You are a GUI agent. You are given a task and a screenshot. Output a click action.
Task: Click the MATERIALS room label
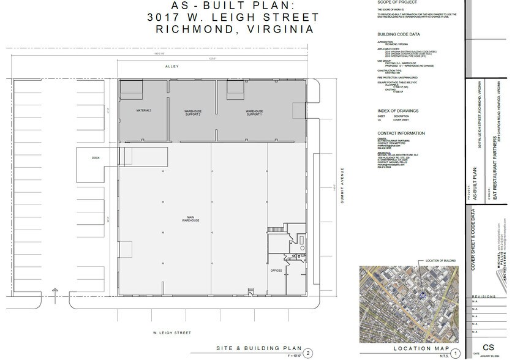point(143,111)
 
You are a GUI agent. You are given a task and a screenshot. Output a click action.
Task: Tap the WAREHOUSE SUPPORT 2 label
point(193,113)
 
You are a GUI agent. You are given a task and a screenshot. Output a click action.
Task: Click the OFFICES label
point(276,270)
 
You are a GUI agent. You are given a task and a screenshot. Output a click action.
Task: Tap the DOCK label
point(96,158)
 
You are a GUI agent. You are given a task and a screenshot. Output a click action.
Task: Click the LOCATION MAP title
point(412,348)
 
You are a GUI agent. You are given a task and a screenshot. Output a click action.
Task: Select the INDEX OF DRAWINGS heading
point(398,111)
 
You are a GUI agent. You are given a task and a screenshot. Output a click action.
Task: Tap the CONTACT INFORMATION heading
point(401,133)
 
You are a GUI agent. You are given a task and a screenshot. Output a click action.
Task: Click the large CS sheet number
point(489,347)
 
